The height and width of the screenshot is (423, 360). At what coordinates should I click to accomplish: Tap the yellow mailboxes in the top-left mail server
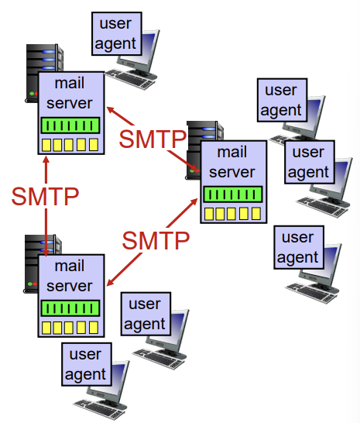coord(71,144)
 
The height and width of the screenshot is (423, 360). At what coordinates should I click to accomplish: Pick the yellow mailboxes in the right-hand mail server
coord(232,213)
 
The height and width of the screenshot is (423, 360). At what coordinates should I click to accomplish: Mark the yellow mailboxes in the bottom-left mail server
coord(71,327)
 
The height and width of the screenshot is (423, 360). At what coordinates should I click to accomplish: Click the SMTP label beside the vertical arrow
coord(44,197)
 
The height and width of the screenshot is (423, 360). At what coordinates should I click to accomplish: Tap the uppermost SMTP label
coord(153,139)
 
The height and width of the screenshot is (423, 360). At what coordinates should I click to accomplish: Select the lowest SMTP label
coord(156,240)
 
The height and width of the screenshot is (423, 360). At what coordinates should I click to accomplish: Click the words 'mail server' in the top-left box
coord(71,94)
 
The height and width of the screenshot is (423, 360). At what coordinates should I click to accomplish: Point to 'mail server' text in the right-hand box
coord(232,162)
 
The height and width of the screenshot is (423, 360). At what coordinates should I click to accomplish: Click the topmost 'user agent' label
coord(115,34)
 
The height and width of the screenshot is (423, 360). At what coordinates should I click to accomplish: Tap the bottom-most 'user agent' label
coord(86,365)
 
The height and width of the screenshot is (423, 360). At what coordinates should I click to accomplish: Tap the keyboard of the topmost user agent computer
coord(130,76)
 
